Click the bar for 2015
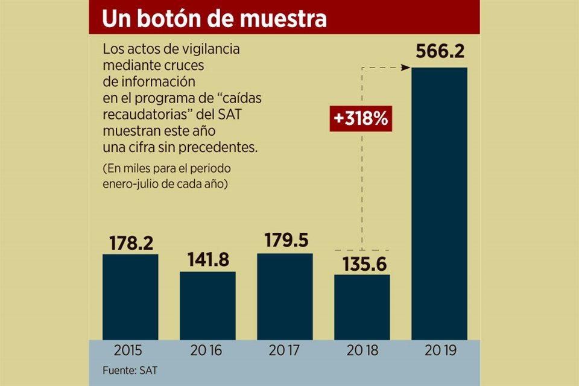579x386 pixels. [x=130, y=297]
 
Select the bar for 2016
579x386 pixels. [x=207, y=305]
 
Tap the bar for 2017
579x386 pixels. [x=285, y=296]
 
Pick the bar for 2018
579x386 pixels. [x=362, y=307]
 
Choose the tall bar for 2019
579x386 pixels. [x=439, y=203]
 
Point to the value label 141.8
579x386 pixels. [x=207, y=260]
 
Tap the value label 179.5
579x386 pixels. [x=286, y=241]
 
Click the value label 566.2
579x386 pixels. [x=439, y=52]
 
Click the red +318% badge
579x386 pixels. [x=361, y=119]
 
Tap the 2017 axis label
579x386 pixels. [x=285, y=350]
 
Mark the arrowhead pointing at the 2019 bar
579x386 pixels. [x=406, y=68]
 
